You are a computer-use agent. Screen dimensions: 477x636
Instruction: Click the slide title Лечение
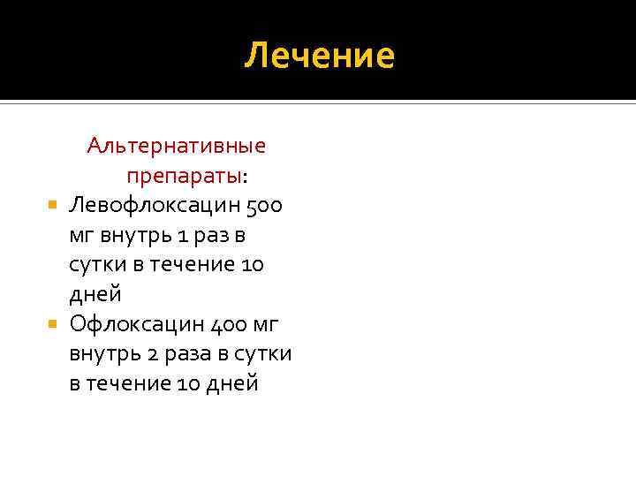319,56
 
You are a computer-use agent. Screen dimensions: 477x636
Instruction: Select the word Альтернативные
177,145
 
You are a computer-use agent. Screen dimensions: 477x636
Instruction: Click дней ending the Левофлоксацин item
95,294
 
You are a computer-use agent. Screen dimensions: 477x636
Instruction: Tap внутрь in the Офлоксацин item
102,354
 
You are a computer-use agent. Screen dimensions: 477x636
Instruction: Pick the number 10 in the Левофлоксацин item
251,264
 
